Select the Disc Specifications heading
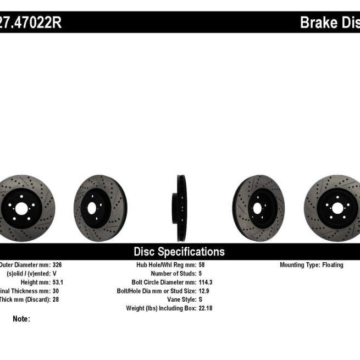179,252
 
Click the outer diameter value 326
57,265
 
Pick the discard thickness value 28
56,300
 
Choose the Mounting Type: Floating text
311,265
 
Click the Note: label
21,319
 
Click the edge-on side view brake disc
181,208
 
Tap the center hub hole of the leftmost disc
21,208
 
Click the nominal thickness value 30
56,291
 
